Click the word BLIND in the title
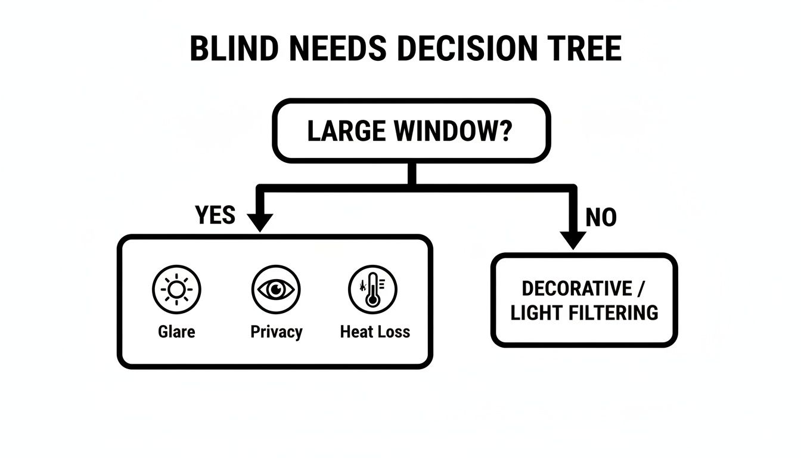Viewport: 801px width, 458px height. click(x=234, y=49)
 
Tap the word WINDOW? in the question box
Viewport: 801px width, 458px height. click(x=451, y=132)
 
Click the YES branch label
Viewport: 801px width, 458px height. click(x=215, y=215)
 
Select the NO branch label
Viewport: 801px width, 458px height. click(x=601, y=218)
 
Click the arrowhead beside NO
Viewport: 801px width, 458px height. click(x=573, y=240)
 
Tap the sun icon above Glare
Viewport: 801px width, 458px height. click(x=176, y=290)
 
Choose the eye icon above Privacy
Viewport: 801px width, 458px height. click(x=275, y=290)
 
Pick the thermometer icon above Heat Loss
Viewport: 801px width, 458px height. click(x=373, y=290)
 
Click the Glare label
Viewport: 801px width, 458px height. click(x=176, y=332)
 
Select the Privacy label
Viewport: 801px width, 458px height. click(x=276, y=332)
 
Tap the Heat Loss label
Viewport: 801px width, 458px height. click(x=375, y=332)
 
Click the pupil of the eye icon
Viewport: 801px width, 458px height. click(x=276, y=290)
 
